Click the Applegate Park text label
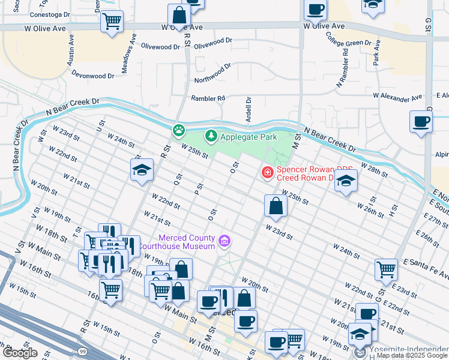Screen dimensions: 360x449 click(249, 137)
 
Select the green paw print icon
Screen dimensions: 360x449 click(178, 129)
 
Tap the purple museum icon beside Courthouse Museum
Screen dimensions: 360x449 click(224, 242)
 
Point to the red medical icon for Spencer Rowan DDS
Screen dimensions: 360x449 click(267, 173)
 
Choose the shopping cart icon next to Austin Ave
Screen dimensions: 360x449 click(112, 21)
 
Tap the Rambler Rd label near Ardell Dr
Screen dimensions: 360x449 click(208, 98)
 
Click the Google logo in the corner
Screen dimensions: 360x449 click(20, 353)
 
